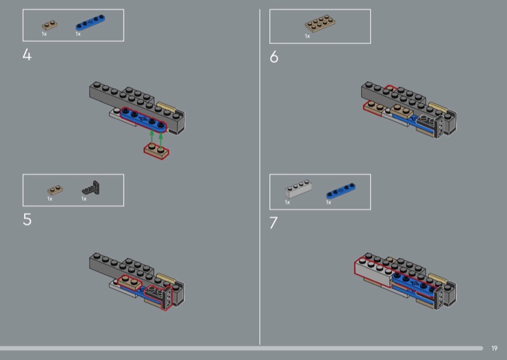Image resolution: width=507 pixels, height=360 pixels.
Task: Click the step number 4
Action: coord(27,55)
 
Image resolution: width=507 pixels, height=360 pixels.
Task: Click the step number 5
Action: coord(27,219)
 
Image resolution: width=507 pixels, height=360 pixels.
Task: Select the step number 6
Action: coord(274,57)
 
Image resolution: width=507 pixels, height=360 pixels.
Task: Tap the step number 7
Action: coord(274,223)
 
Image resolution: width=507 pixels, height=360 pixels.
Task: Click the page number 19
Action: coord(494,348)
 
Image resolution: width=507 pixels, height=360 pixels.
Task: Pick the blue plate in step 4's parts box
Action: coord(90,22)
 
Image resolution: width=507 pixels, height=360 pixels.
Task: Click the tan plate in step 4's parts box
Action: coord(50,25)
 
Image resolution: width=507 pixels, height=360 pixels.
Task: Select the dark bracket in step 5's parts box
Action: coord(91,188)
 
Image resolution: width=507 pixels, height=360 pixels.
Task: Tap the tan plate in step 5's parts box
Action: coord(55,190)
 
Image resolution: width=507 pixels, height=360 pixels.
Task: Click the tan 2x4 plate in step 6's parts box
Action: coord(320,23)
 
